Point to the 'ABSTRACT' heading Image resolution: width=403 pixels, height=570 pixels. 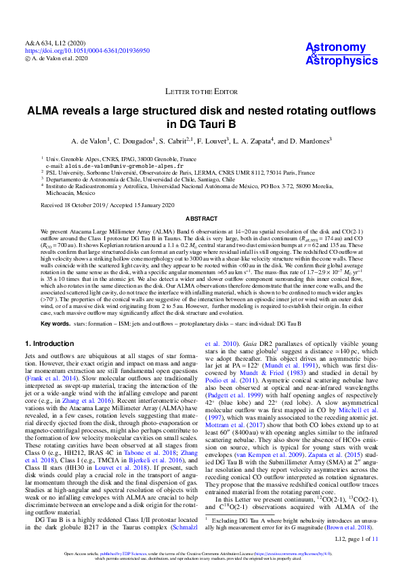201,219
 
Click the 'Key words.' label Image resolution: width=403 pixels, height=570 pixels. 56,324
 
